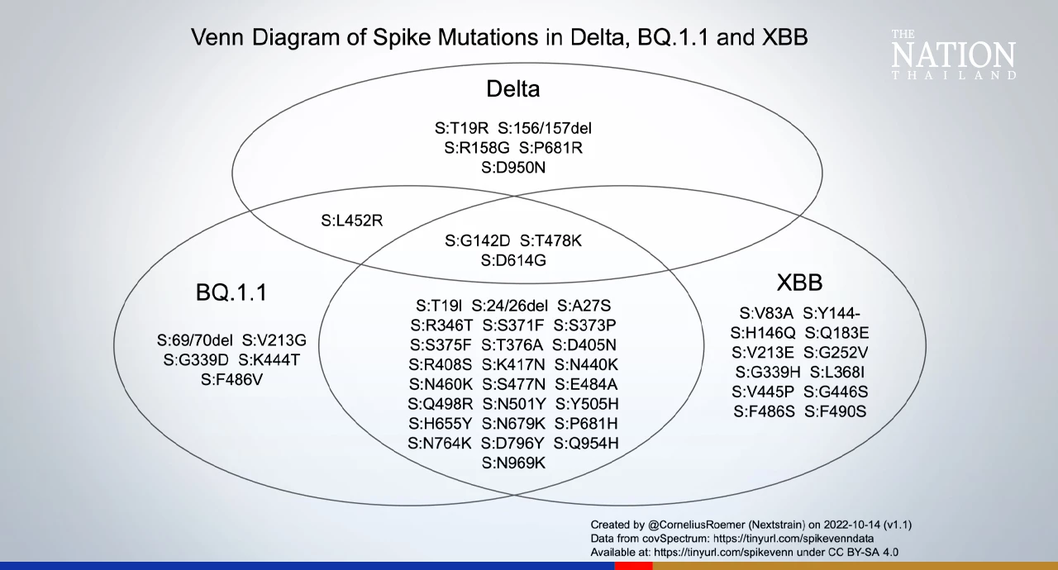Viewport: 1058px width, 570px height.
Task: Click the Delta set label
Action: click(512, 88)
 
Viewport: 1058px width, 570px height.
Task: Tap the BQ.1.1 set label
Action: click(231, 292)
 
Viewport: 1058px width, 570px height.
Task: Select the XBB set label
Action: click(799, 283)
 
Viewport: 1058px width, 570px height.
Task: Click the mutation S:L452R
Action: click(351, 221)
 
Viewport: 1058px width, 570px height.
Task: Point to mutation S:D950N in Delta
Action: click(512, 167)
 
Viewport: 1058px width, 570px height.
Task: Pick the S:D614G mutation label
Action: click(512, 260)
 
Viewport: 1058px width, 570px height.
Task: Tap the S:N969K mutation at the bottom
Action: click(513, 463)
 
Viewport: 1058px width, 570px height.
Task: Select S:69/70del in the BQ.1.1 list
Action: click(195, 340)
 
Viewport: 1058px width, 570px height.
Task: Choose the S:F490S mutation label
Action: click(836, 411)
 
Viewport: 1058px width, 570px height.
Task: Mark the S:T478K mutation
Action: click(550, 240)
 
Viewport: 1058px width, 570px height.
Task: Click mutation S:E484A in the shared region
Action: click(586, 384)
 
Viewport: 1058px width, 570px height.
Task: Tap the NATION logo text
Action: click(953, 56)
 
